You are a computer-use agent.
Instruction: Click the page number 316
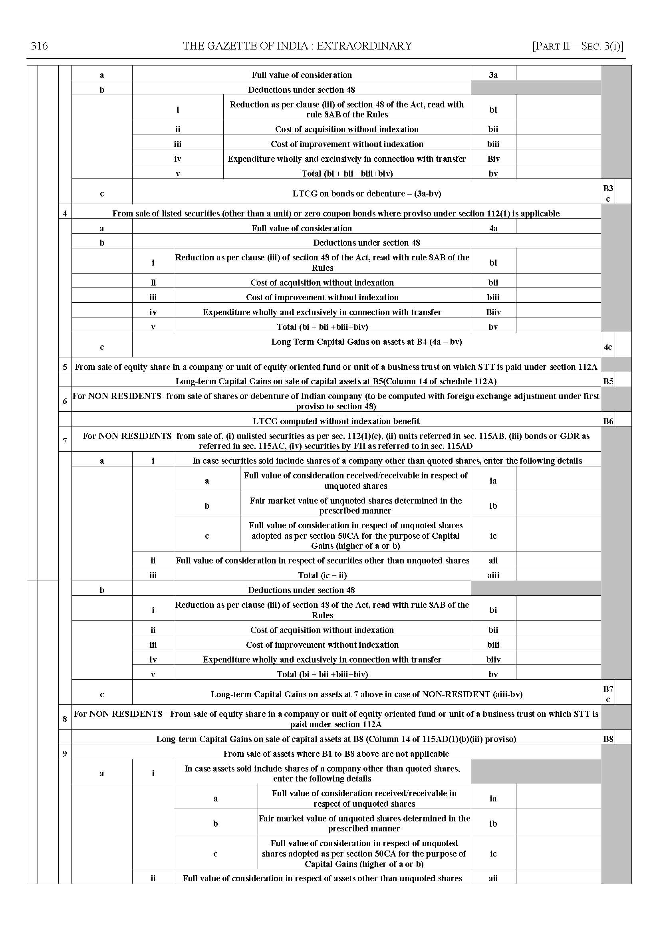pos(40,46)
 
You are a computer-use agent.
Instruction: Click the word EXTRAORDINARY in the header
pos(364,46)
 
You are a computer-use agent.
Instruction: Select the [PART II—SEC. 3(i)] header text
pos(578,46)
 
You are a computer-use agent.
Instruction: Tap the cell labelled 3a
pos(493,75)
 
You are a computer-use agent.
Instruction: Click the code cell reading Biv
pos(493,159)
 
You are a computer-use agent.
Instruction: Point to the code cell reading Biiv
pos(493,312)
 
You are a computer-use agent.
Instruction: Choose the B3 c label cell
pos(608,193)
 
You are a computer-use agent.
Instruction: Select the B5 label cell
pos(608,381)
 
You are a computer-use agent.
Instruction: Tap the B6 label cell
pos(608,421)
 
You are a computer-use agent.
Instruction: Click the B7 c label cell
pos(608,694)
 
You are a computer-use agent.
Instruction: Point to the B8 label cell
pos(608,739)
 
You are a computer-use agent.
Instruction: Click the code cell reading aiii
pos(493,575)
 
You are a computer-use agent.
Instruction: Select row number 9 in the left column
pos(65,754)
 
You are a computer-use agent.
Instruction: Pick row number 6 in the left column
pos(65,401)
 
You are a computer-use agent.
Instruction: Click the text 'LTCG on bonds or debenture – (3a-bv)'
pos(366,193)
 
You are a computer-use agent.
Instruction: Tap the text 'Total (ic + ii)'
pos(322,575)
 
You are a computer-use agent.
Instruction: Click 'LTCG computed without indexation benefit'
pos(336,421)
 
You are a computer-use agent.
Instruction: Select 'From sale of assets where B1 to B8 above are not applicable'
pos(336,754)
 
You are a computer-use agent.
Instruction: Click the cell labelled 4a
pos(493,228)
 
